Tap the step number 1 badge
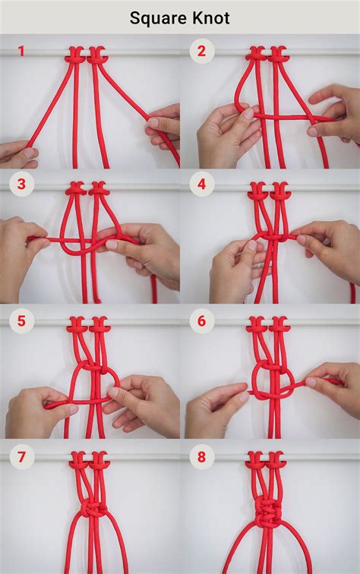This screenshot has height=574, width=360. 21,52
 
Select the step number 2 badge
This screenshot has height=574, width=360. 201,52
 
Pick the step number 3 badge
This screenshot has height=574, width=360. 21,184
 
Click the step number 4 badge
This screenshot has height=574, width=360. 201,184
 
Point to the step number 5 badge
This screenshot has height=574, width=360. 21,320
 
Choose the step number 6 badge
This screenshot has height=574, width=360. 201,320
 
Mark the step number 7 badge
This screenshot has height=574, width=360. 21,457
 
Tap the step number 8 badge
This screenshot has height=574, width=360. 201,457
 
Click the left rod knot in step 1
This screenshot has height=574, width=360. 74,55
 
